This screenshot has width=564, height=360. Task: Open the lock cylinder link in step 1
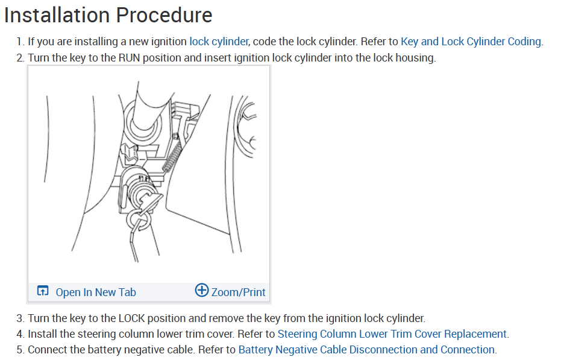(218, 42)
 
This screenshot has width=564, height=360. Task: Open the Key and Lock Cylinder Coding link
(471, 42)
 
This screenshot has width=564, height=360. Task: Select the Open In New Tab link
(96, 292)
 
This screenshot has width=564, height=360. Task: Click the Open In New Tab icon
(43, 291)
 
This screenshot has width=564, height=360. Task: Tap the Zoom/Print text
(238, 292)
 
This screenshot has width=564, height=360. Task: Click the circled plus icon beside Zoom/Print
(202, 291)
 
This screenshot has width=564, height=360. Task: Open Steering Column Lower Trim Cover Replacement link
(392, 333)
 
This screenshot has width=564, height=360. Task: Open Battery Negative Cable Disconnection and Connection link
(366, 349)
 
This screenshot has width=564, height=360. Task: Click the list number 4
(20, 333)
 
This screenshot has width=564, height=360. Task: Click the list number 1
(20, 42)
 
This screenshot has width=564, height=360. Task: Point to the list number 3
(20, 318)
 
